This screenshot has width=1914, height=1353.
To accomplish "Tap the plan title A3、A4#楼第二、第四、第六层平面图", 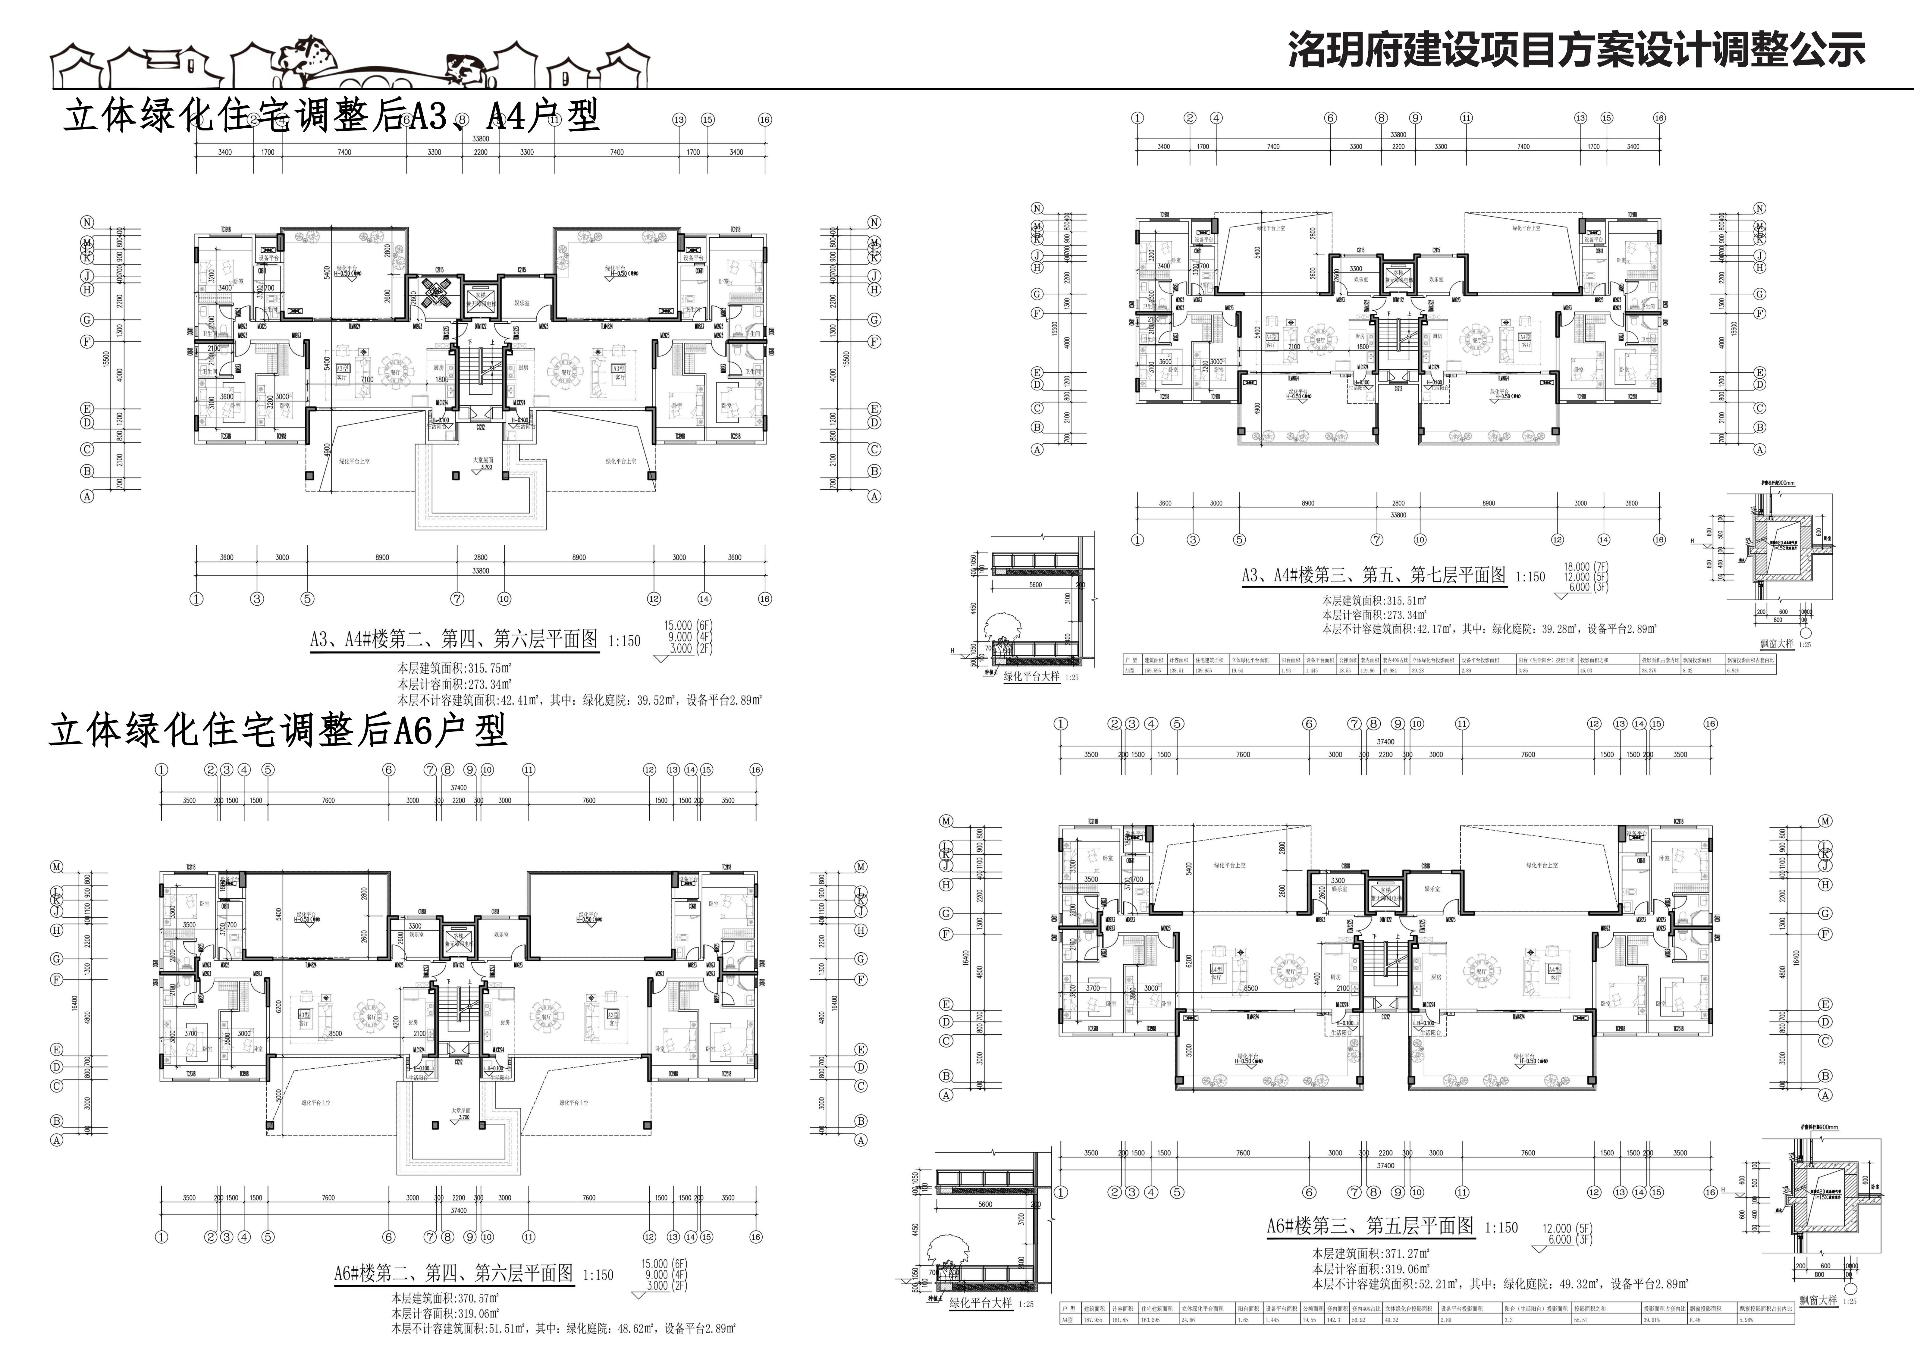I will [x=454, y=639].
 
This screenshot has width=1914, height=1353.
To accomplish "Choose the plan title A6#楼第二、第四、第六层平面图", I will [x=453, y=1274].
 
